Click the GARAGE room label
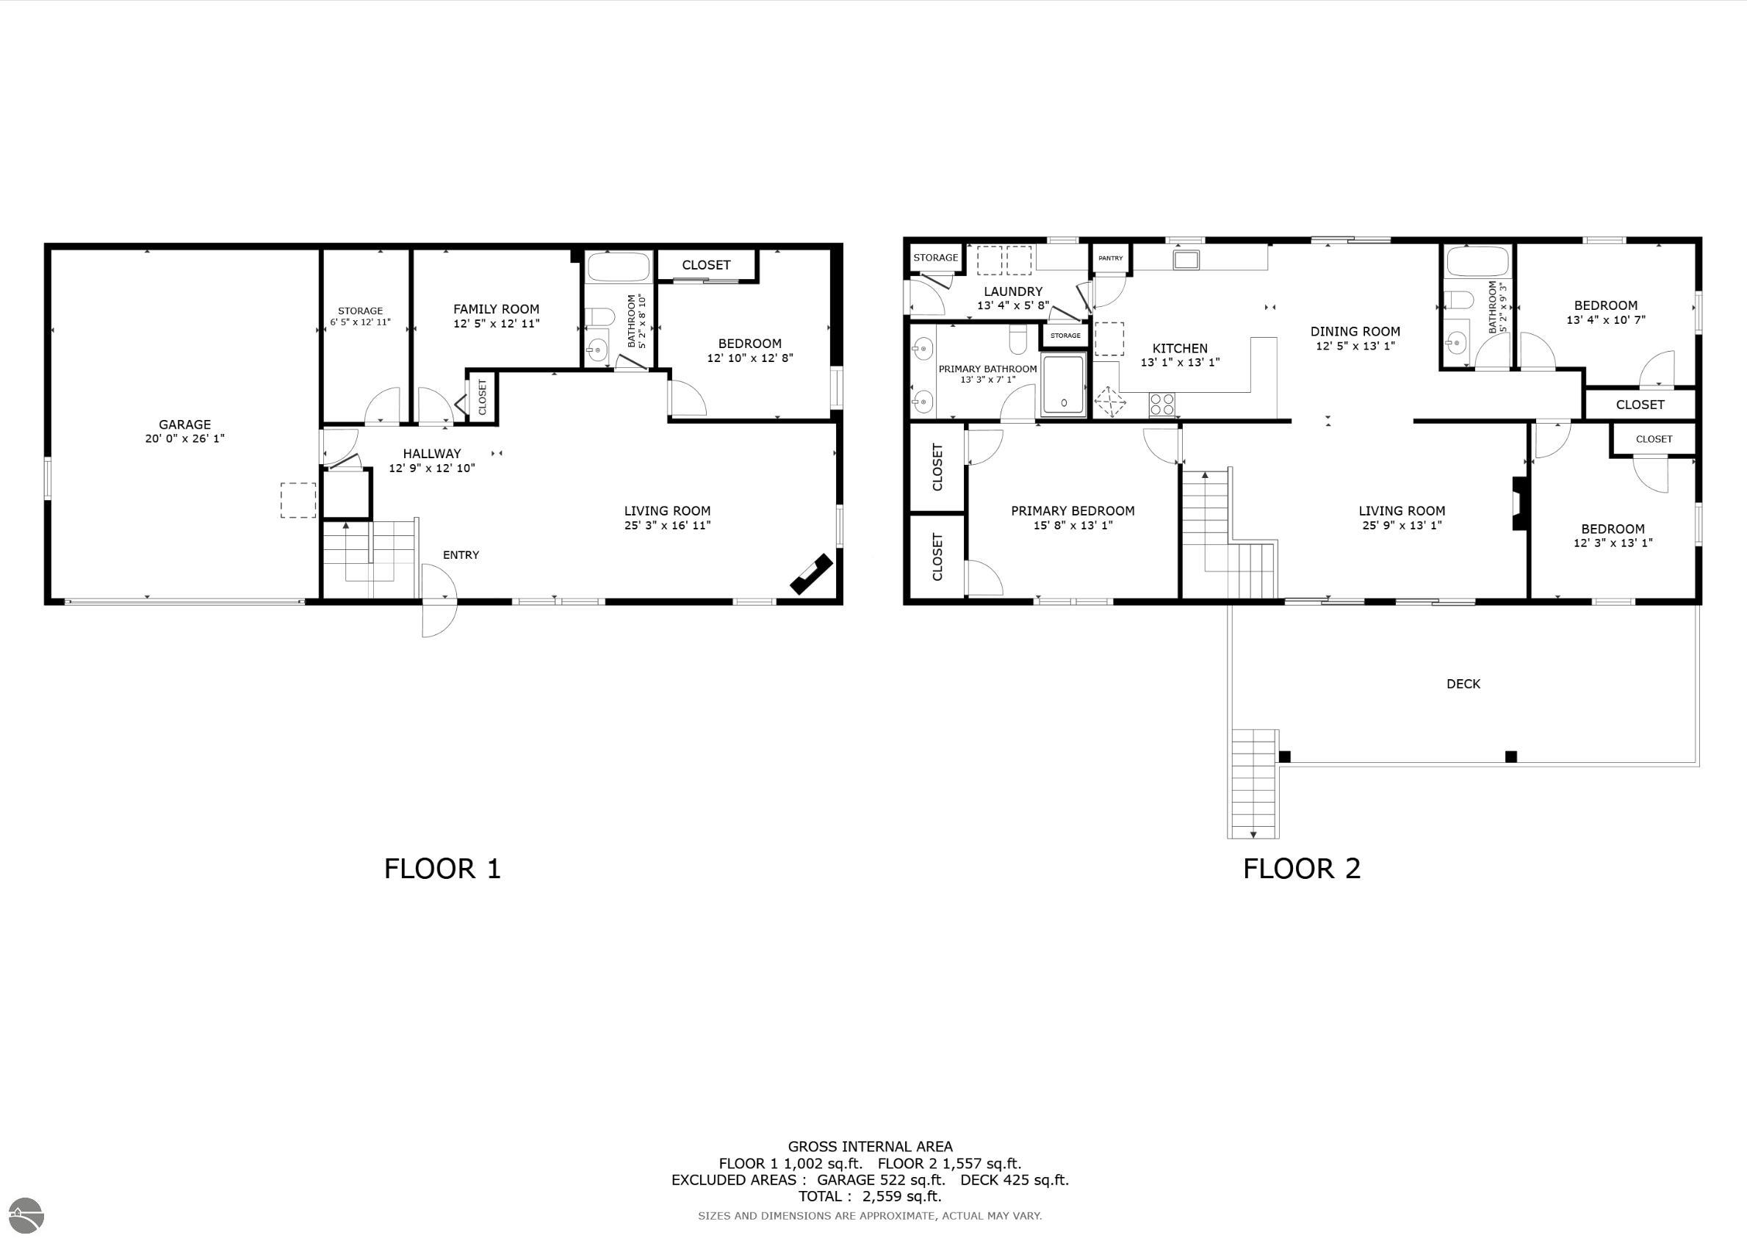coord(184,424)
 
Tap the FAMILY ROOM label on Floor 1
coord(496,308)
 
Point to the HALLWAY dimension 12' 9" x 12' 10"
coord(431,468)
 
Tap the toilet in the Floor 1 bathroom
coord(601,316)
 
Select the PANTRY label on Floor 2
coord(1110,258)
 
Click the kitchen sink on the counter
coord(1186,260)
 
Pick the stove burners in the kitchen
coord(1161,404)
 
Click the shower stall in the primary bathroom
coord(1064,385)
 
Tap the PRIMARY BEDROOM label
coord(1072,511)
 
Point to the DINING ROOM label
coord(1355,332)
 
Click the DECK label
coord(1463,684)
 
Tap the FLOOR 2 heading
coord(1301,868)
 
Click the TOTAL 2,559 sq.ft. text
coord(869,1196)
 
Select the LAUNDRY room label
coord(1012,292)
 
